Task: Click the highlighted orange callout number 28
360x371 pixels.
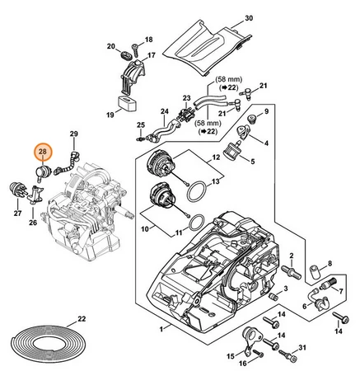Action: (x=43, y=152)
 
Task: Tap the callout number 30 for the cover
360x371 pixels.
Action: (x=249, y=18)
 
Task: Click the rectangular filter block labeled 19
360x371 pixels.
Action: (x=128, y=104)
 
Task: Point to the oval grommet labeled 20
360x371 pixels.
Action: (x=126, y=54)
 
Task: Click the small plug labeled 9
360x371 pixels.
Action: (x=251, y=119)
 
